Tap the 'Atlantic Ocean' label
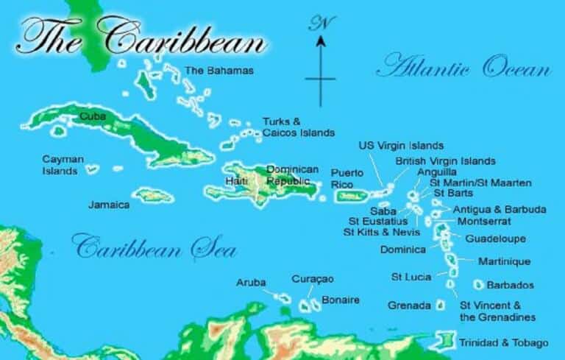(x=463, y=69)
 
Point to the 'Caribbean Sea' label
(x=154, y=248)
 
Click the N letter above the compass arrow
(x=319, y=24)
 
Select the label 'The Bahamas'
(x=219, y=71)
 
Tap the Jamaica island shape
(x=153, y=195)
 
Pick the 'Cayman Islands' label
(x=63, y=165)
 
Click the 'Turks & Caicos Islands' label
(x=298, y=127)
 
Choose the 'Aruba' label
(x=250, y=282)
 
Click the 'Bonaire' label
(x=341, y=300)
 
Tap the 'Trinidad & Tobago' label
(x=503, y=343)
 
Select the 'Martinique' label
(x=504, y=261)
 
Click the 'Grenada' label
(x=410, y=304)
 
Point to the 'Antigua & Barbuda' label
(x=500, y=210)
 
